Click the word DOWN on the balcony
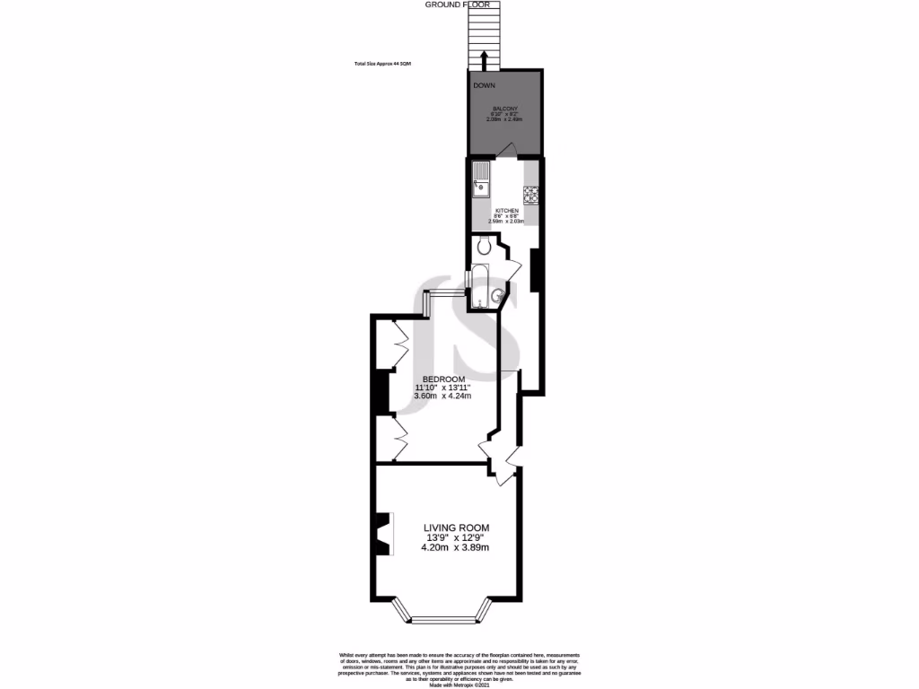pos(485,85)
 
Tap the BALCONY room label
pos(503,109)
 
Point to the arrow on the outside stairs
pos(485,59)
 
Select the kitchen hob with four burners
pos(530,194)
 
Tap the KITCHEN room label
pos(507,211)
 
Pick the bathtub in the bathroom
pos(480,286)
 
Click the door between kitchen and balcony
pos(508,151)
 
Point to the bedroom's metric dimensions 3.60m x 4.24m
pos(442,396)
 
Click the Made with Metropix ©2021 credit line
pos(459,685)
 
